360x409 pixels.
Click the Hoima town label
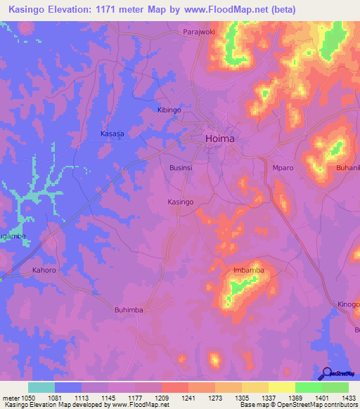point(219,139)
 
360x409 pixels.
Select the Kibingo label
point(168,111)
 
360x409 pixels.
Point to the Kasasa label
point(112,134)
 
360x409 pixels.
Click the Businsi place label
point(181,169)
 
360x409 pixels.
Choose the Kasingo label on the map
point(181,202)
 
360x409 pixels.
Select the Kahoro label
point(44,270)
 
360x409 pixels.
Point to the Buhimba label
point(129,309)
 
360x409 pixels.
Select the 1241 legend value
point(188,397)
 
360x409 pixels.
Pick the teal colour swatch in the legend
point(41,387)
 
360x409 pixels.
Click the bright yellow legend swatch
point(281,387)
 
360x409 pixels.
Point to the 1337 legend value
point(269,397)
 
